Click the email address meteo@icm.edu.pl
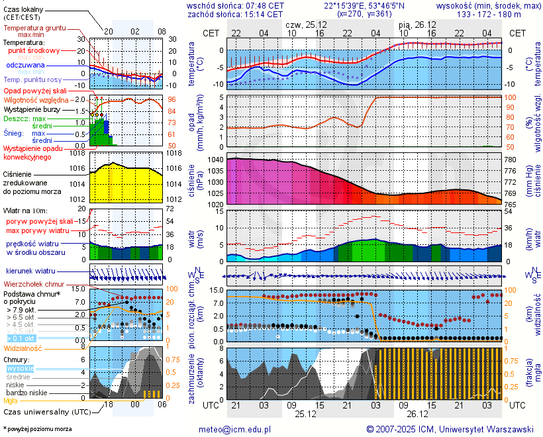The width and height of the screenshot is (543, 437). (x=235, y=429)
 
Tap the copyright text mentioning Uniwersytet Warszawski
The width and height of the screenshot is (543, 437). (x=450, y=429)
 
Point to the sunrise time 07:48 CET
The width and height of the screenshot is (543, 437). (x=236, y=5)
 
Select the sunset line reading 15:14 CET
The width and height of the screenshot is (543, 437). (x=236, y=14)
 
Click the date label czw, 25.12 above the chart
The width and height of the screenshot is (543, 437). (x=307, y=24)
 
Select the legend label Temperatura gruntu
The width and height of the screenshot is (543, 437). (x=34, y=28)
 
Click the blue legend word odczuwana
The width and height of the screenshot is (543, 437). (x=25, y=66)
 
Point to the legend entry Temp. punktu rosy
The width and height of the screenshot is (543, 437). (x=32, y=79)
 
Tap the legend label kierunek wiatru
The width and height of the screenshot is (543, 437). (x=30, y=271)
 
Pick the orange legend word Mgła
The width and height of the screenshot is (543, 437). (x=11, y=401)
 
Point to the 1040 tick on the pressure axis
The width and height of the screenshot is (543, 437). (x=216, y=160)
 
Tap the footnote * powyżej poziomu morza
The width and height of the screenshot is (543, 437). (x=37, y=429)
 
